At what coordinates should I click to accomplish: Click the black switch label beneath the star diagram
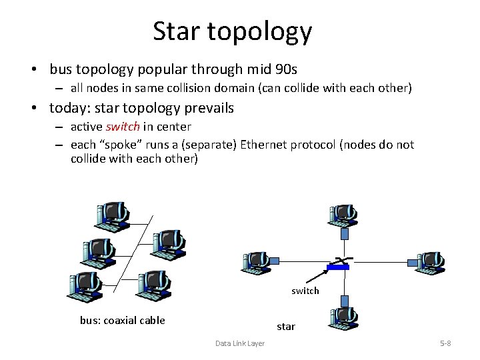coord(305,291)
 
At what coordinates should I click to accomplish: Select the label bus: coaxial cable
coord(122,320)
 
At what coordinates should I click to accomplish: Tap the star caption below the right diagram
coord(287,327)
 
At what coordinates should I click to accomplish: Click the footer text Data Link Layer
coord(239,343)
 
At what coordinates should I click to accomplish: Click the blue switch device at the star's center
coord(339,267)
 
